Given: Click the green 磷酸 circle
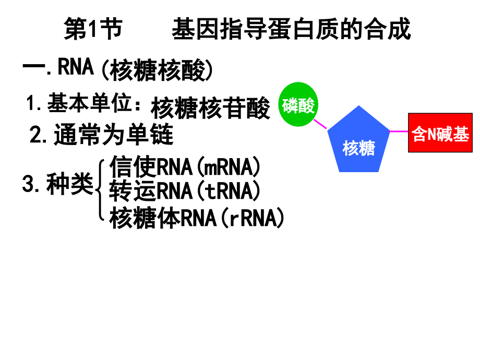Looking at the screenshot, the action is (x=298, y=104).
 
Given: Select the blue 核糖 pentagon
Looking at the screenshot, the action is (x=358, y=141).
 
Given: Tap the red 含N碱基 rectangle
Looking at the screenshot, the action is (x=440, y=133).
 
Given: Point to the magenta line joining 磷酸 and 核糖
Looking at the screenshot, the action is (x=320, y=124).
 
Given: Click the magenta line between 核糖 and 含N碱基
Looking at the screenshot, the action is (x=399, y=131).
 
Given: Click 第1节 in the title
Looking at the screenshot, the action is (x=93, y=29).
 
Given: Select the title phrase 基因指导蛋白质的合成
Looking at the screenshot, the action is (x=291, y=29).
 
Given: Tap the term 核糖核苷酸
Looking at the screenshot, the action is (x=211, y=108).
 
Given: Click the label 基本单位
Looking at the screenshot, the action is (x=89, y=103).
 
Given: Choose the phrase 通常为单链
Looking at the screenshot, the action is (x=114, y=135).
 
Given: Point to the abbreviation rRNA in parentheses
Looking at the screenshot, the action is (x=253, y=218).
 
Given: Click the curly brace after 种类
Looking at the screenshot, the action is (x=100, y=190).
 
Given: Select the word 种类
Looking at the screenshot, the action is (x=70, y=184).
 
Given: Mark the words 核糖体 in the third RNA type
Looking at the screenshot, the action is (x=145, y=218).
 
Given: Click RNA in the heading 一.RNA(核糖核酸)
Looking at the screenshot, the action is (x=76, y=67).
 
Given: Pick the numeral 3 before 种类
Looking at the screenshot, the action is (x=28, y=184).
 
